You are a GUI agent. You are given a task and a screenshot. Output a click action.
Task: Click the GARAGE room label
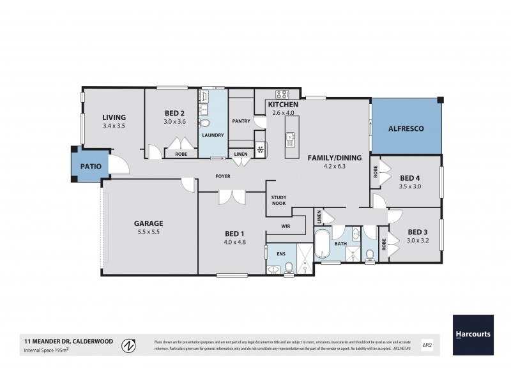point(148,223)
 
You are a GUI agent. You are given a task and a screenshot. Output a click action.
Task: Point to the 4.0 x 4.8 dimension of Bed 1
point(235,242)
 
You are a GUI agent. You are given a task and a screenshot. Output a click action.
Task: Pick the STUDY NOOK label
point(278,200)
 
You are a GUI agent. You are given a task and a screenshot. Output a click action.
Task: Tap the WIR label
point(286,226)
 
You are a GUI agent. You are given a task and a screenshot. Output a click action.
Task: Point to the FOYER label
point(222,176)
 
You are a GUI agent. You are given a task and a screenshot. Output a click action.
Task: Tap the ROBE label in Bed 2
point(180,154)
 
